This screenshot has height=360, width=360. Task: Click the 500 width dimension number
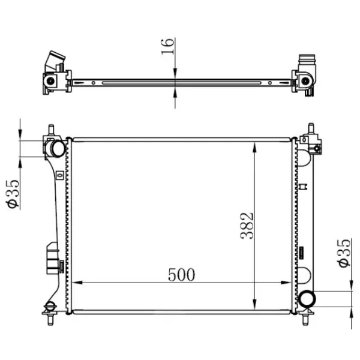pos(181,275)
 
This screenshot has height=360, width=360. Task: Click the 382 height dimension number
pos(247,226)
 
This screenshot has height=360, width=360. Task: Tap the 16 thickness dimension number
pos(167,46)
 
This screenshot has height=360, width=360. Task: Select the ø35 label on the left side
pos(13,194)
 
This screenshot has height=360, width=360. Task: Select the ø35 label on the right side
pos(344,253)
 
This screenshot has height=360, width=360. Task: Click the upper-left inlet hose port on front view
pos(55,149)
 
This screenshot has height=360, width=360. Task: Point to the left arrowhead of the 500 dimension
pos(77,283)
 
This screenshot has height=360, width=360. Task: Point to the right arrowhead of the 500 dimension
pos(286,283)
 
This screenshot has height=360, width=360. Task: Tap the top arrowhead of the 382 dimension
pos(254,148)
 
